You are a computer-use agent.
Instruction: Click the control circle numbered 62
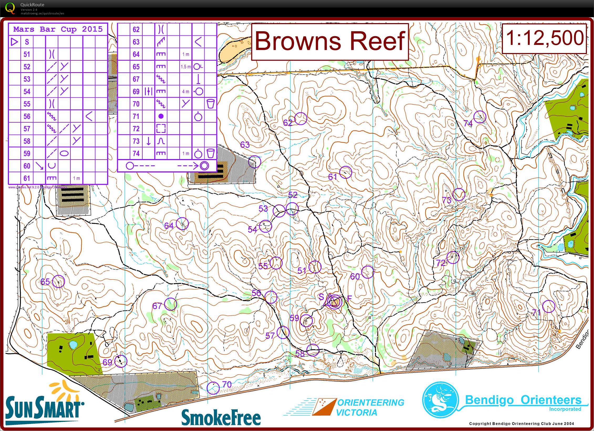point(301,119)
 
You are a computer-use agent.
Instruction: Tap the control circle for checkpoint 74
point(480,117)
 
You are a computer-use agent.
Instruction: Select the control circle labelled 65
point(58,281)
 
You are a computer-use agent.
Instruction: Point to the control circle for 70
point(213,388)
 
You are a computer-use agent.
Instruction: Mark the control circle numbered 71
point(549,306)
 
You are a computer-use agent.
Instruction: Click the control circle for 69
point(121,361)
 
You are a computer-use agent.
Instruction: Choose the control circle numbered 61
point(346,172)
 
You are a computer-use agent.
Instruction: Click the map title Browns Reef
point(330,41)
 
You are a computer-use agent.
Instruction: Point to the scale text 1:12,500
point(544,38)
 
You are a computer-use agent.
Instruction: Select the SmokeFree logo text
point(221,417)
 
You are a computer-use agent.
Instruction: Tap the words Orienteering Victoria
point(370,407)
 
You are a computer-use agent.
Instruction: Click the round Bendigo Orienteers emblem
point(440,400)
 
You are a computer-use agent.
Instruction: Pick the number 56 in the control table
point(27,116)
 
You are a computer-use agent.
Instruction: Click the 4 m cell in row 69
point(186,92)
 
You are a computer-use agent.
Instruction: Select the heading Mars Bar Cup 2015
point(58,29)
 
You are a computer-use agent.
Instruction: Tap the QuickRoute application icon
point(10,8)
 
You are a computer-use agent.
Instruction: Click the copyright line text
point(522,423)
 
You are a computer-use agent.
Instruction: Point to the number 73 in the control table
point(136,141)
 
